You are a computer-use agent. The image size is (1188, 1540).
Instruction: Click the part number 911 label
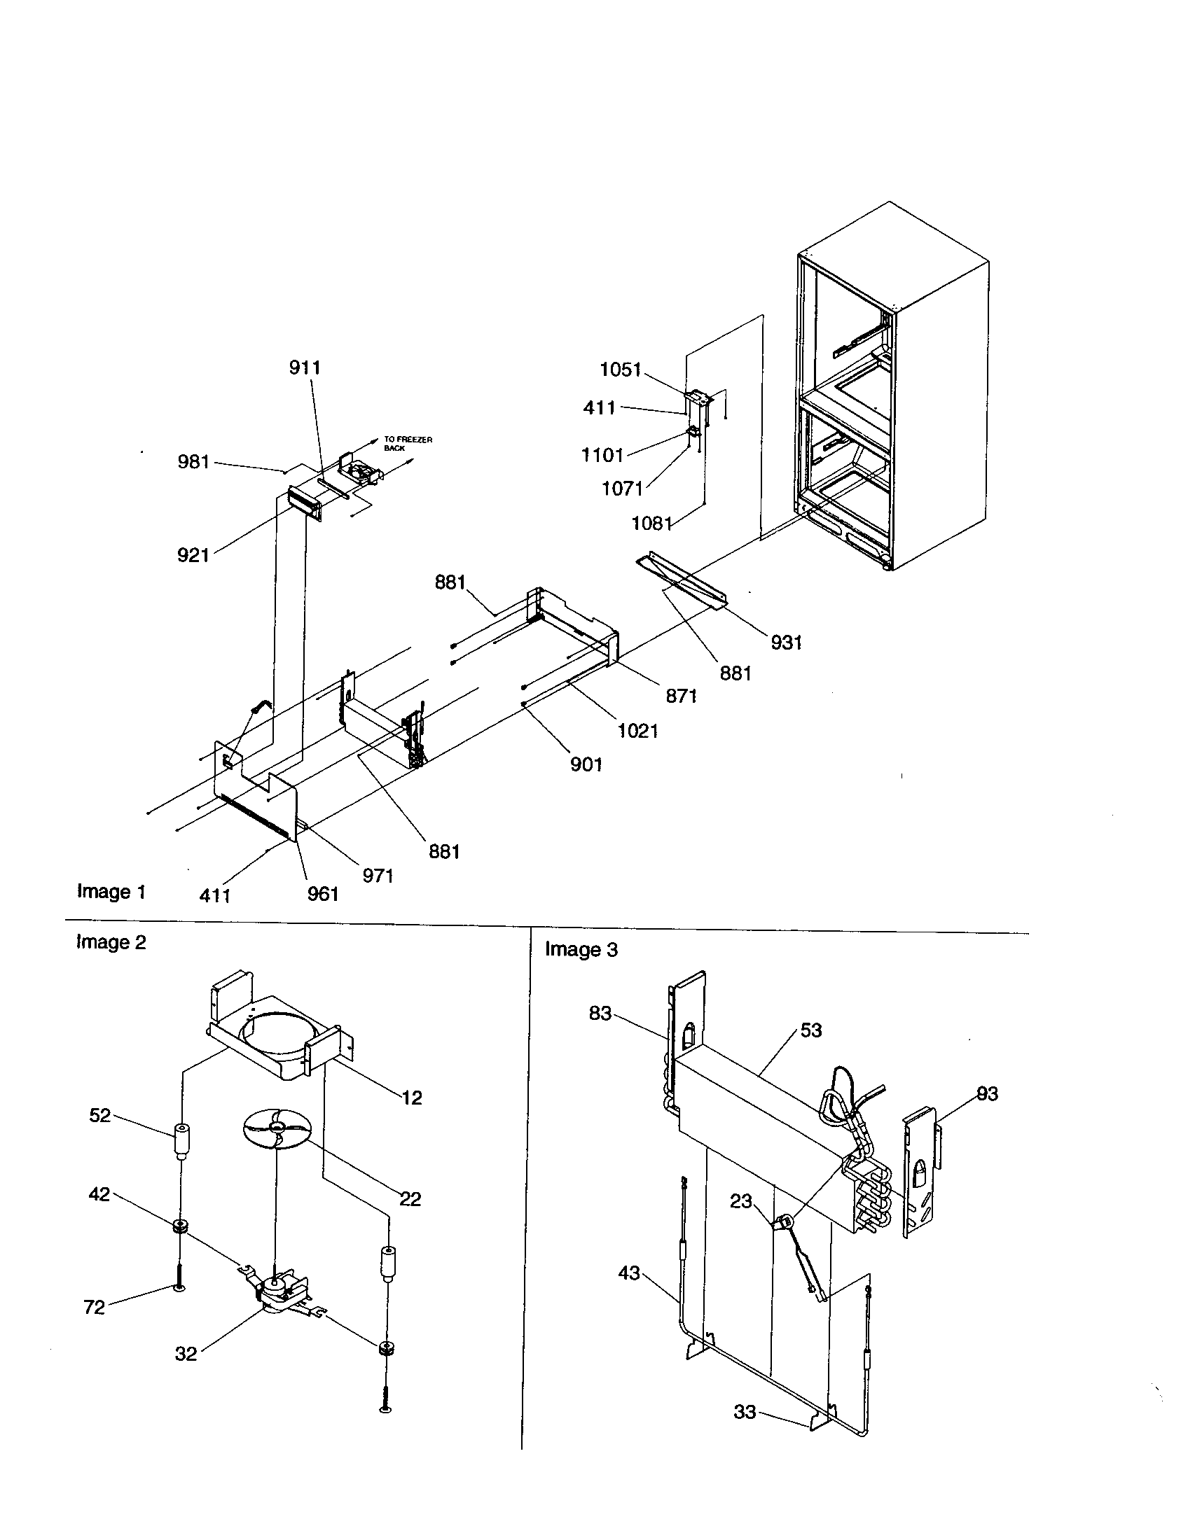305,367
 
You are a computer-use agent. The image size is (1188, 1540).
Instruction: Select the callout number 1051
620,370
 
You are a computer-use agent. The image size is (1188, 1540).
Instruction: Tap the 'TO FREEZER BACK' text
408,443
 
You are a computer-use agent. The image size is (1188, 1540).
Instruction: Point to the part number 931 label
786,642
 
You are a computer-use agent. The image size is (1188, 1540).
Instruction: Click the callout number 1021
637,731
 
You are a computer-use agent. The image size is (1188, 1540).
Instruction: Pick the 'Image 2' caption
111,942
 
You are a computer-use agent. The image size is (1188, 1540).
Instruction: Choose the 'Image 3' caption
581,950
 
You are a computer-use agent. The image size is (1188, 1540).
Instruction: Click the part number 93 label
987,1093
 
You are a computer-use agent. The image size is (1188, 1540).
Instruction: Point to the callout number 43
628,1273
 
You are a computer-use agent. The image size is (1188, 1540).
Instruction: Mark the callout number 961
323,893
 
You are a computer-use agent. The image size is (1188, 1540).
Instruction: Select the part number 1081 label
651,523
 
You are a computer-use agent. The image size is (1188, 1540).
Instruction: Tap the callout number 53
810,1030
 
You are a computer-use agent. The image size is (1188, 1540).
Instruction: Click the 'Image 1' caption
111,892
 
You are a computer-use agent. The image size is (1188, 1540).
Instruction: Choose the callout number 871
681,696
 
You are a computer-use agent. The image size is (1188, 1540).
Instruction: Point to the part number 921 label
193,555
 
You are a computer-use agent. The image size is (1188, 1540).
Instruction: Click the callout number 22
410,1198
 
